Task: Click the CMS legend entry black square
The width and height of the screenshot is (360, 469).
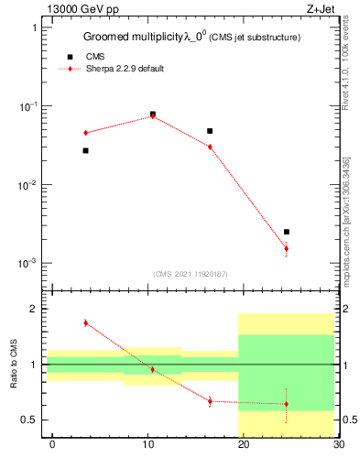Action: pyautogui.click(x=70, y=57)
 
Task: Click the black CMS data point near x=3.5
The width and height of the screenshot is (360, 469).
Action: pyautogui.click(x=85, y=150)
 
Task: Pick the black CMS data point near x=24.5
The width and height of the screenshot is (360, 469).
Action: pyautogui.click(x=287, y=232)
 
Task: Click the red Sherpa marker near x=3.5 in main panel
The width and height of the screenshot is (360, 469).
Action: pyautogui.click(x=85, y=133)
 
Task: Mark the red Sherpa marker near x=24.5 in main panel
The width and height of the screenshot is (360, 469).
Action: pyautogui.click(x=287, y=248)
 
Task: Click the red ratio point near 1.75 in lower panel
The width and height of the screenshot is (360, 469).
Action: pyautogui.click(x=85, y=322)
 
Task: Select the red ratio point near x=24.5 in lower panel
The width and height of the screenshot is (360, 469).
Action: pyautogui.click(x=287, y=404)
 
